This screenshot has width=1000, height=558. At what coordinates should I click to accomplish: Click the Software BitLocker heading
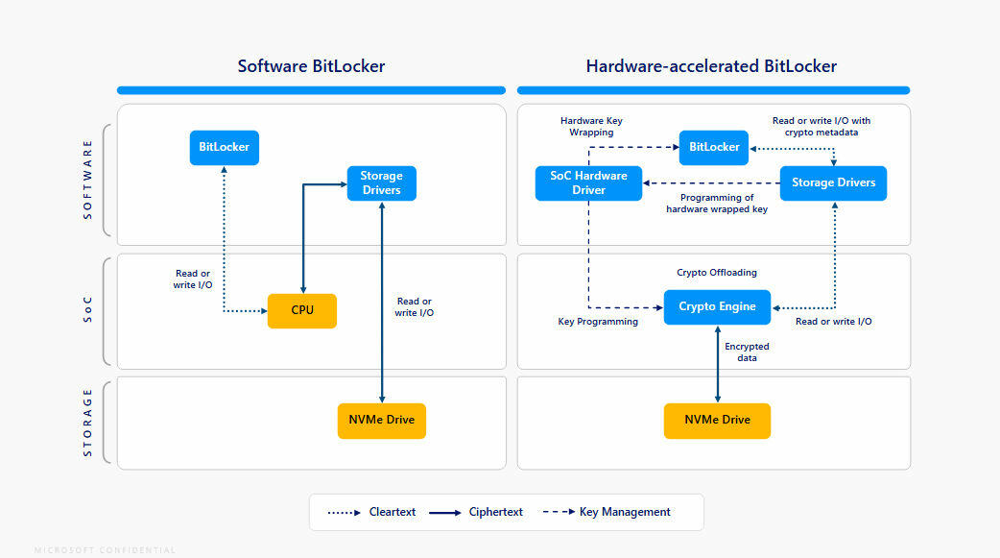pos(311,66)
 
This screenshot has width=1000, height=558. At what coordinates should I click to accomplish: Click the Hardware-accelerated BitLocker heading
pos(711,66)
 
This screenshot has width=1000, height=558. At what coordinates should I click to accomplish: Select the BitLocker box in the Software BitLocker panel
pos(224,148)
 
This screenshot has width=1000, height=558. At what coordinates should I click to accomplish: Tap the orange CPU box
pos(302,310)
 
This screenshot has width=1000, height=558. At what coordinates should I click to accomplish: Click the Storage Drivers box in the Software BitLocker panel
pos(381,182)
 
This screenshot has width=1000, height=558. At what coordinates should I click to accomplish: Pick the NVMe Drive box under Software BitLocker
pos(381,421)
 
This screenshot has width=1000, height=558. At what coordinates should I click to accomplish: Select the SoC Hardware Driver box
pos(588,182)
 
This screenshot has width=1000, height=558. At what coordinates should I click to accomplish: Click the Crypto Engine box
pos(717,306)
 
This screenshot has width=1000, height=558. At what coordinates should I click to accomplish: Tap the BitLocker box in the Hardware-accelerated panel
pos(714,147)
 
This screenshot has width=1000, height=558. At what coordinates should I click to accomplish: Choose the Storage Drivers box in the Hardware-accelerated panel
pos(833,182)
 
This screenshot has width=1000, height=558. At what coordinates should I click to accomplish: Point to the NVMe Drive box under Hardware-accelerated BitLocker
pos(717,421)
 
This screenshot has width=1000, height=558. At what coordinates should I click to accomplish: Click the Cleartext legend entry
pos(372,512)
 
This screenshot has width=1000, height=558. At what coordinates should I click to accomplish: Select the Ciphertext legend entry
pos(476,512)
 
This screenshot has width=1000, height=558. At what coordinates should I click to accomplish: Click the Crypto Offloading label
pos(717,273)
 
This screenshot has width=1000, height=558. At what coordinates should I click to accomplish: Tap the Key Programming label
pos(598,322)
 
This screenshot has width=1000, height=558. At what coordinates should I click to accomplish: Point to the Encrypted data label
pos(747,352)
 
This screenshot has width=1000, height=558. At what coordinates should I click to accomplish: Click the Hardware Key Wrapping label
pos(591,126)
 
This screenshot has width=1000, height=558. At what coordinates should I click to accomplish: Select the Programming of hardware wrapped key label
pos(717,203)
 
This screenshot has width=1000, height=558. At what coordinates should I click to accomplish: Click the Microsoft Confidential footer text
pos(106,550)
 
